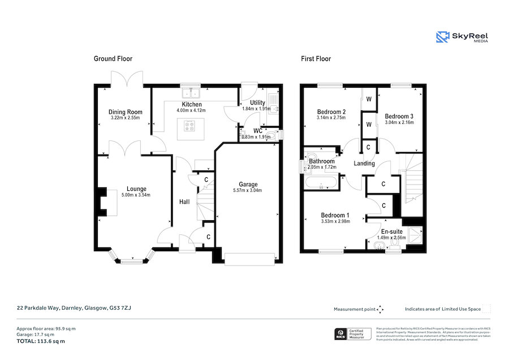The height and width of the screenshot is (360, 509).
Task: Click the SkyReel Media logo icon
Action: coord(442,37)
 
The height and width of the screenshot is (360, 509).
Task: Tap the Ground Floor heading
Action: coord(113,59)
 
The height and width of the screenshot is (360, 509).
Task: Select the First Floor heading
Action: coord(316,59)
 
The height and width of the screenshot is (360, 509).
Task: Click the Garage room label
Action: coord(248,185)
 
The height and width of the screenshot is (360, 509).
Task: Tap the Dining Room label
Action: coord(126,112)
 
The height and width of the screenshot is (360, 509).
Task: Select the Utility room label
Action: coord(258,103)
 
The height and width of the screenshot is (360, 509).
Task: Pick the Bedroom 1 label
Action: coord(335,215)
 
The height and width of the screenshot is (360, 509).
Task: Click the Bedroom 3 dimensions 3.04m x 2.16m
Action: coord(399,122)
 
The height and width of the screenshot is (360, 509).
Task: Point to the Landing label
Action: coord(364,164)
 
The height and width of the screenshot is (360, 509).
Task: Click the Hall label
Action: coord(184,202)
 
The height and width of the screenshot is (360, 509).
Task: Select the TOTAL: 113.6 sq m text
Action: coord(40,341)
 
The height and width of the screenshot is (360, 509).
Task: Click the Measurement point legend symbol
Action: coord(381,309)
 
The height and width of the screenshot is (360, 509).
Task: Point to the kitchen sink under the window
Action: coord(190,92)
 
